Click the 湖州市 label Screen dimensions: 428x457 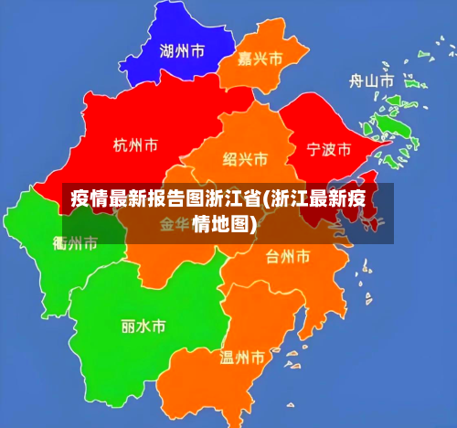[x=181, y=51]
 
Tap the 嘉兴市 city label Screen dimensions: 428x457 [x=260, y=59]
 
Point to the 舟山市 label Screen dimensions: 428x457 [x=372, y=81]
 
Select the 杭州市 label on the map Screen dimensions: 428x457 [x=135, y=144]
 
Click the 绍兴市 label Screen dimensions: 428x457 [x=246, y=160]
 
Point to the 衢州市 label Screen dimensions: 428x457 [x=75, y=243]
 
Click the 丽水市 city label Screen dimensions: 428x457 [x=143, y=326]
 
